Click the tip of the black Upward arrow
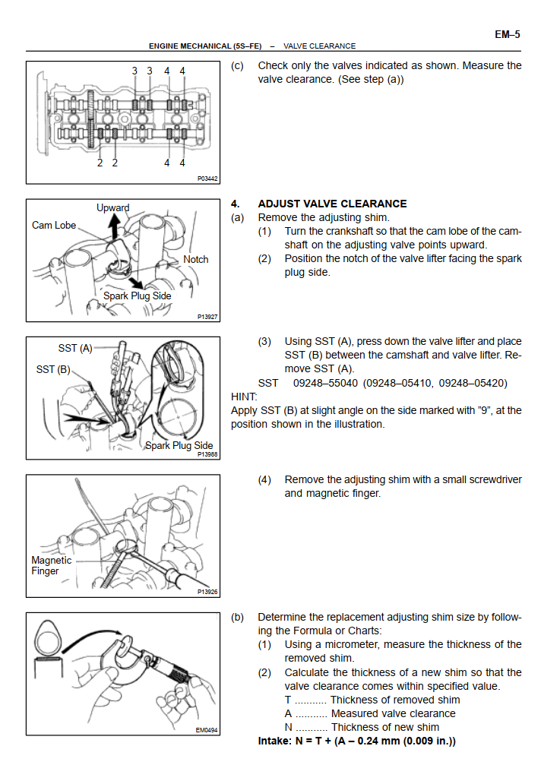[x=114, y=215]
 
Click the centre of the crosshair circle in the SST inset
[x=178, y=418]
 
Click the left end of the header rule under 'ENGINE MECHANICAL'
[x=27, y=51]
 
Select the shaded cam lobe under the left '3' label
[x=134, y=104]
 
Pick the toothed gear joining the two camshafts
[x=90, y=119]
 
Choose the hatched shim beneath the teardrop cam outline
[x=48, y=659]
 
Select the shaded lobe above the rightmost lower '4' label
[x=184, y=134]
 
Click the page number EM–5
[x=508, y=35]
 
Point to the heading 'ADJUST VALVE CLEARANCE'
[x=332, y=204]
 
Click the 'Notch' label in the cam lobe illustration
[x=196, y=260]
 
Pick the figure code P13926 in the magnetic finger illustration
[x=207, y=592]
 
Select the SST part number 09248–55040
[x=325, y=384]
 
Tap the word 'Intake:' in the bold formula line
[x=275, y=741]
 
